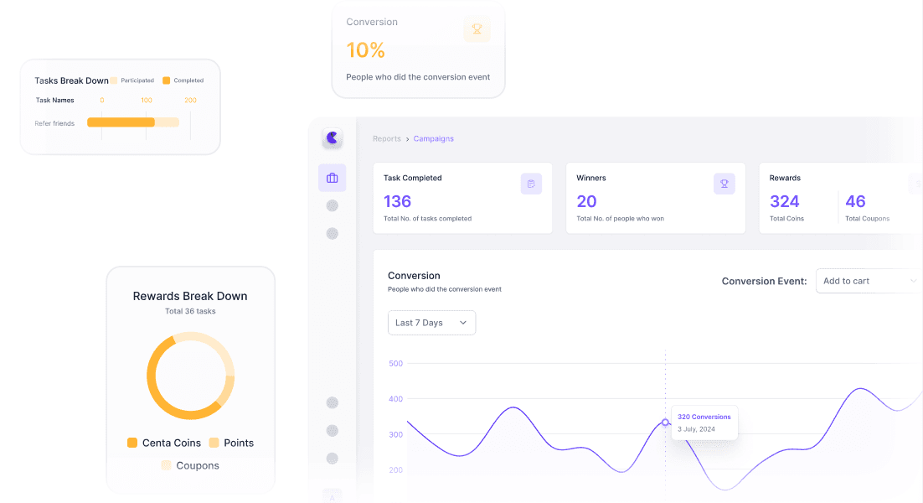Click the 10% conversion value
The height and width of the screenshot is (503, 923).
[x=365, y=50]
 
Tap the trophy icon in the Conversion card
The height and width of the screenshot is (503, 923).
[x=477, y=29]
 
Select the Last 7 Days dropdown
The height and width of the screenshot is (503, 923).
[x=431, y=323]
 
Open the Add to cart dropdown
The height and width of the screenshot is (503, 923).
[x=869, y=281]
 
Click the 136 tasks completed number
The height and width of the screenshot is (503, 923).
[x=397, y=201]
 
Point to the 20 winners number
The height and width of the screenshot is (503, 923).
[x=586, y=201]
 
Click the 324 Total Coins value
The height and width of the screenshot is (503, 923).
[x=785, y=201]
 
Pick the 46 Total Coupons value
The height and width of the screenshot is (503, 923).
[x=855, y=201]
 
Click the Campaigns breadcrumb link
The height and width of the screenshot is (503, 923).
[x=433, y=139]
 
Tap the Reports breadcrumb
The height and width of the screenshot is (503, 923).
[x=387, y=139]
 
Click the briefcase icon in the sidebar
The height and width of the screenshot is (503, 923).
[x=332, y=178]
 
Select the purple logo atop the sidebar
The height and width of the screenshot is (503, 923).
[x=332, y=137]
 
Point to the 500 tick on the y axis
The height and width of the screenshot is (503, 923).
[x=395, y=363]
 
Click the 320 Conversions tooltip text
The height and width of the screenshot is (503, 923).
[x=704, y=417]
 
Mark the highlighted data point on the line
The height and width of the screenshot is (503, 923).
[x=665, y=423]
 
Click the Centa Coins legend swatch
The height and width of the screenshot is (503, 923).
[x=132, y=443]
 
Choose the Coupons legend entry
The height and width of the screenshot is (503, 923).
[x=190, y=465]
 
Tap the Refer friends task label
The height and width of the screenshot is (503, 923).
[x=54, y=124]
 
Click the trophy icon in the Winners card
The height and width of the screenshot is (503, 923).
[x=724, y=184]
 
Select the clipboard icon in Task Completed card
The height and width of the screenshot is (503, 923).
[x=531, y=184]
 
